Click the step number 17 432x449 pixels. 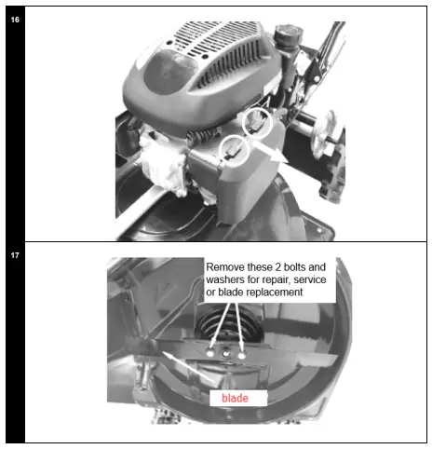tap(15, 252)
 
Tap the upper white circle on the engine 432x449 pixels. tap(258, 122)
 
